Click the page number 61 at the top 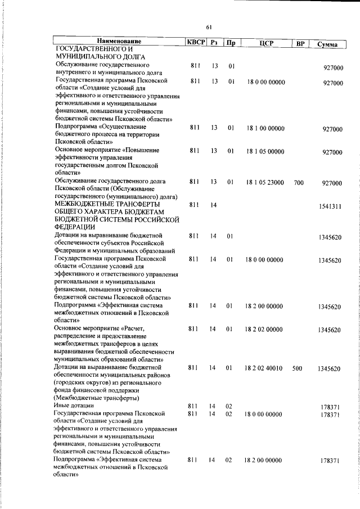[209, 27]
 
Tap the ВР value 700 [299, 183]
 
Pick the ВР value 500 [299, 369]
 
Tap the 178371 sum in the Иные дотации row [331, 407]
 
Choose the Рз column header [214, 43]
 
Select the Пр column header [230, 43]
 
